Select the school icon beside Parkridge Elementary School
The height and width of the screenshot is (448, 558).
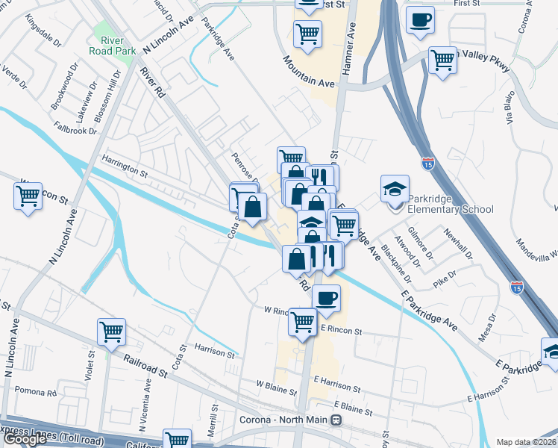coord(395,190)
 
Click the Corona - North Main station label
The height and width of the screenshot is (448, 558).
coord(283,420)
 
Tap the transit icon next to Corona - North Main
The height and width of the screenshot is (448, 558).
coord(336,420)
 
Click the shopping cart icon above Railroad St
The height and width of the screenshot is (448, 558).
coord(111,332)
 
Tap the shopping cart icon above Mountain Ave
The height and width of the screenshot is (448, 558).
coord(307,33)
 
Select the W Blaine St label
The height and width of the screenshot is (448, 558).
coord(278,385)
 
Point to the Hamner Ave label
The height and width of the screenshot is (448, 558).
coord(348,52)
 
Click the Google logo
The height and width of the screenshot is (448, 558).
coord(25,439)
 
